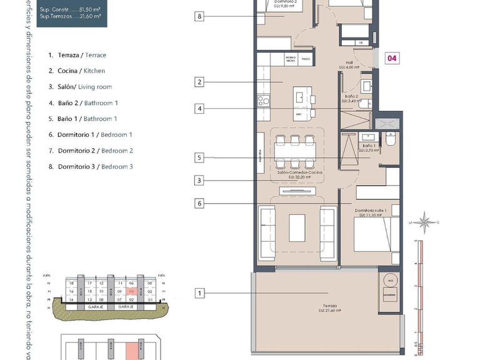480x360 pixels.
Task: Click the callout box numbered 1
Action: click(x=199, y=293)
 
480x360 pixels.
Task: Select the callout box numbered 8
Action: click(x=199, y=16)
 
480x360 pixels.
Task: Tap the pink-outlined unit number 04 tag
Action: click(x=392, y=59)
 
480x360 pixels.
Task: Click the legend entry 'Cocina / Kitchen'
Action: click(x=77, y=71)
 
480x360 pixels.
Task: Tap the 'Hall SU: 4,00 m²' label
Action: click(x=352, y=65)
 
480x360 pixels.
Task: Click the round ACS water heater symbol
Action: click(x=390, y=279)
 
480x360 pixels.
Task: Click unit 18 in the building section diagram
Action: click(x=72, y=283)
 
